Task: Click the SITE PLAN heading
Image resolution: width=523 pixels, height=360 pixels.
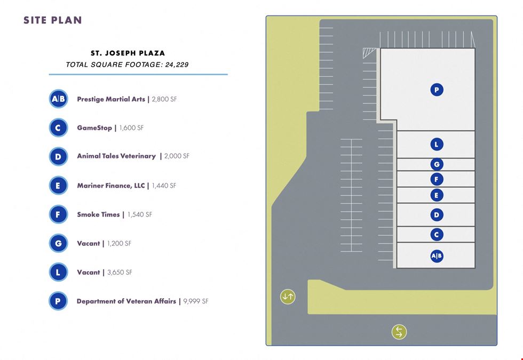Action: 52,20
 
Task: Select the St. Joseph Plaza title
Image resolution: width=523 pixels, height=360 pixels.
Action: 128,53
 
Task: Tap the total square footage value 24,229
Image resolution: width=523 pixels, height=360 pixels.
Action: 177,65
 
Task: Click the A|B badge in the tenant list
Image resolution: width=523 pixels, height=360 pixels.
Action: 58,99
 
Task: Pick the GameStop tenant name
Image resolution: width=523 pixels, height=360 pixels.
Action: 94,128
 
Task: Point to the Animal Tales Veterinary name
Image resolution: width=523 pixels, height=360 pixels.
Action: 116,156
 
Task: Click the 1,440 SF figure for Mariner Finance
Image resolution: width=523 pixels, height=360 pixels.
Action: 164,186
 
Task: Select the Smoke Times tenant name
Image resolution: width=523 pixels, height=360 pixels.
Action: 98,214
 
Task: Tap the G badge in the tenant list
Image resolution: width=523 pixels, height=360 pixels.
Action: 58,243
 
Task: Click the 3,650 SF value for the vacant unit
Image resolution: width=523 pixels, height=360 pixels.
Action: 120,273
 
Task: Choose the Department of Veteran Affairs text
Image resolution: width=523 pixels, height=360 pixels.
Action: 126,301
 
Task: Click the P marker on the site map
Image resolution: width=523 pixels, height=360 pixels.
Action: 437,90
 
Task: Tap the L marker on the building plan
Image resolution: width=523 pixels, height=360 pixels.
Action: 437,145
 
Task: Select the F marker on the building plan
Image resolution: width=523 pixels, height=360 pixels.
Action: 437,179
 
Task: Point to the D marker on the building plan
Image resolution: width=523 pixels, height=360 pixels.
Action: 437,214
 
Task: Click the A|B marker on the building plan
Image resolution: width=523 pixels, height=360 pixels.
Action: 437,256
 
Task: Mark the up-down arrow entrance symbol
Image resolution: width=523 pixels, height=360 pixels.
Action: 288,297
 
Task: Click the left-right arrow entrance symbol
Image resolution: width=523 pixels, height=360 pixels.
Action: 399,332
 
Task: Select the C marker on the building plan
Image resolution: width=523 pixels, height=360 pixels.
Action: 437,235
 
